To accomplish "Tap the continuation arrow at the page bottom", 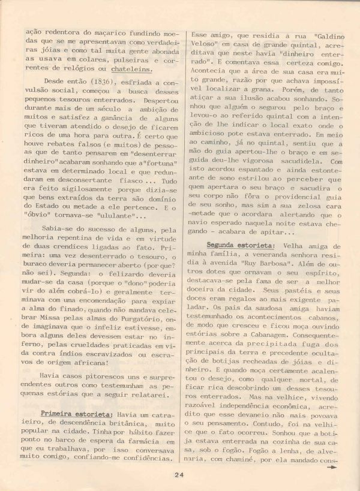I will pyautogui.click(x=331, y=471).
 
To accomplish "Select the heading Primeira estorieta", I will pyautogui.click(x=76, y=414).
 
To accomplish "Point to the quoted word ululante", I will pyautogui.click(x=110, y=216).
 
